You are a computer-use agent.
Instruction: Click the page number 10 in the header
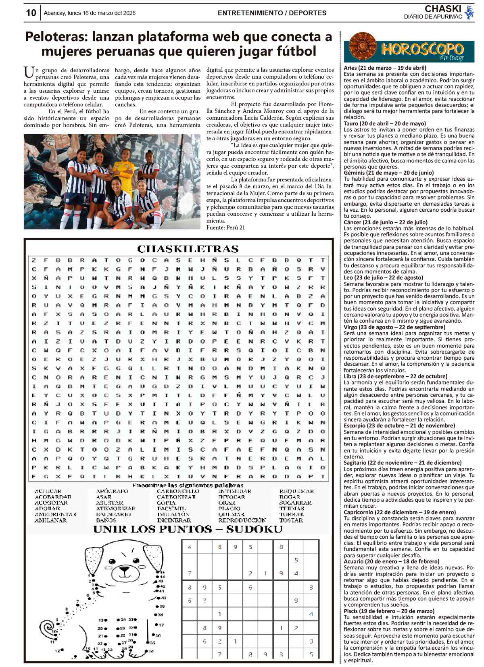tap(31, 13)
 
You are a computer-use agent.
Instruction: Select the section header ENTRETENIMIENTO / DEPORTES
tap(272, 13)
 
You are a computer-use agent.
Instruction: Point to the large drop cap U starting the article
tap(29, 73)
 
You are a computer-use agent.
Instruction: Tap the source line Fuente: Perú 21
tap(225, 227)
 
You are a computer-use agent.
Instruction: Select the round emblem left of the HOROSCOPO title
tap(362, 47)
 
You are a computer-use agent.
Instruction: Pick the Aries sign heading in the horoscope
tap(385, 68)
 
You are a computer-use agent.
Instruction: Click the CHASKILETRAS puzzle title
tap(188, 248)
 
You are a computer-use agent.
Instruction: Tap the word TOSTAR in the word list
tap(291, 520)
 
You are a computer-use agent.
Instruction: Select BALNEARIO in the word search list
tap(113, 515)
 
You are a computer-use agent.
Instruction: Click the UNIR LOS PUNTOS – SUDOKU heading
tap(188, 529)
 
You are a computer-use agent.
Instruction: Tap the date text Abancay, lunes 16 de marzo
tap(90, 13)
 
